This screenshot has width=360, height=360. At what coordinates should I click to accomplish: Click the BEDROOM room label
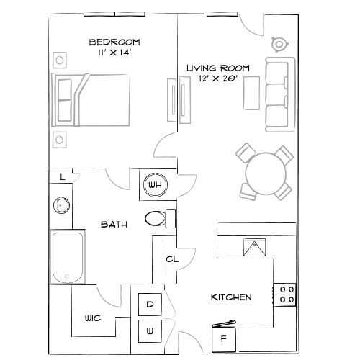click(x=114, y=41)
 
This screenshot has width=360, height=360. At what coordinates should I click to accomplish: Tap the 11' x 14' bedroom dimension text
click(x=114, y=53)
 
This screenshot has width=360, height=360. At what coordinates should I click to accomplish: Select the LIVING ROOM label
click(x=218, y=68)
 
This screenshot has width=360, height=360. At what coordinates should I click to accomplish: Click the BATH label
click(x=114, y=225)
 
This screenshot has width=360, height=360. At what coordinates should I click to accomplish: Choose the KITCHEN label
click(x=230, y=297)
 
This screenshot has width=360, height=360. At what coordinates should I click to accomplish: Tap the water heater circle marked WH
click(x=155, y=185)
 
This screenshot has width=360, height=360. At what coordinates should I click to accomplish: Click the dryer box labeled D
click(x=150, y=305)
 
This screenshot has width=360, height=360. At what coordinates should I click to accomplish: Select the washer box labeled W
click(x=150, y=332)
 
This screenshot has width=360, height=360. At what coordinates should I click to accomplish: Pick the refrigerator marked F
click(x=223, y=336)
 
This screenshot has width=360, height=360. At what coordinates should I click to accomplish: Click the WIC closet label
click(x=91, y=318)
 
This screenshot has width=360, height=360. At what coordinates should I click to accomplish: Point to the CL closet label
click(x=172, y=259)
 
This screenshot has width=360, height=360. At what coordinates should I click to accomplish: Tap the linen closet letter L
click(x=63, y=176)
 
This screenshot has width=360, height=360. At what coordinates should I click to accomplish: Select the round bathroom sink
click(x=61, y=206)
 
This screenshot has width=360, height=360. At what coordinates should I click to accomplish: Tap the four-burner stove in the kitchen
click(x=287, y=293)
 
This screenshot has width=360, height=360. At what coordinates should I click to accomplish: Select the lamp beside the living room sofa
click(x=279, y=45)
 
